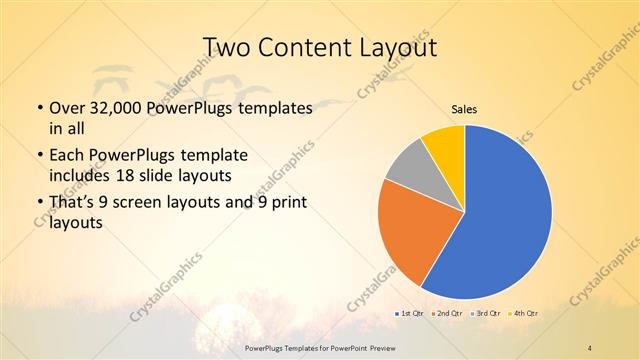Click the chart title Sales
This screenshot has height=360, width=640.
click(464, 110)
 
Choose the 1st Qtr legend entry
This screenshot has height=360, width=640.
click(410, 314)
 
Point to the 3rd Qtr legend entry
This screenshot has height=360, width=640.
click(487, 314)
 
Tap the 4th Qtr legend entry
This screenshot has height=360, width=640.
click(525, 314)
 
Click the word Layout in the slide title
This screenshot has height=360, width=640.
click(401, 46)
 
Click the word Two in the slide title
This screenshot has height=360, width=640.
click(227, 46)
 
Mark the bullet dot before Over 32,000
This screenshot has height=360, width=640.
click(38, 109)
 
